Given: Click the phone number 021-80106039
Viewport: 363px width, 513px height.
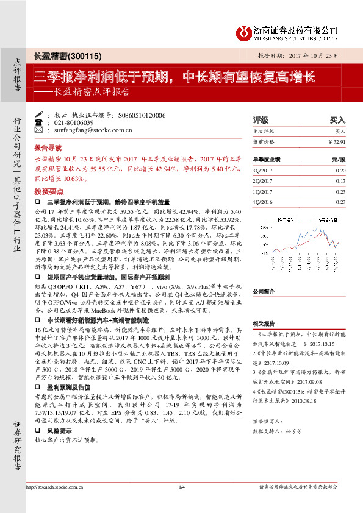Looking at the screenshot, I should (74, 122).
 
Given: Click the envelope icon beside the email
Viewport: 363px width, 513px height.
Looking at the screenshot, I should (40, 130).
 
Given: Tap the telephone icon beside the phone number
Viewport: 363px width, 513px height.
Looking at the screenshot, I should (40, 122).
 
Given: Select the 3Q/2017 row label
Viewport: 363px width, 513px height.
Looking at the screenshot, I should (263, 171).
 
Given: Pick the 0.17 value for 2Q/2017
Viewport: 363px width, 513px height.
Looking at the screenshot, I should (340, 181).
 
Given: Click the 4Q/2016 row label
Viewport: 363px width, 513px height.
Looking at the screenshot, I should (263, 202).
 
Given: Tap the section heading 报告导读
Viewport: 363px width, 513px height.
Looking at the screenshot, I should (48, 148).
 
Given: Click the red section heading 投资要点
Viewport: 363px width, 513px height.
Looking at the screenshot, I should (48, 191).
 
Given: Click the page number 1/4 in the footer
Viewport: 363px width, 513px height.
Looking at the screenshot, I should (181, 503).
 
